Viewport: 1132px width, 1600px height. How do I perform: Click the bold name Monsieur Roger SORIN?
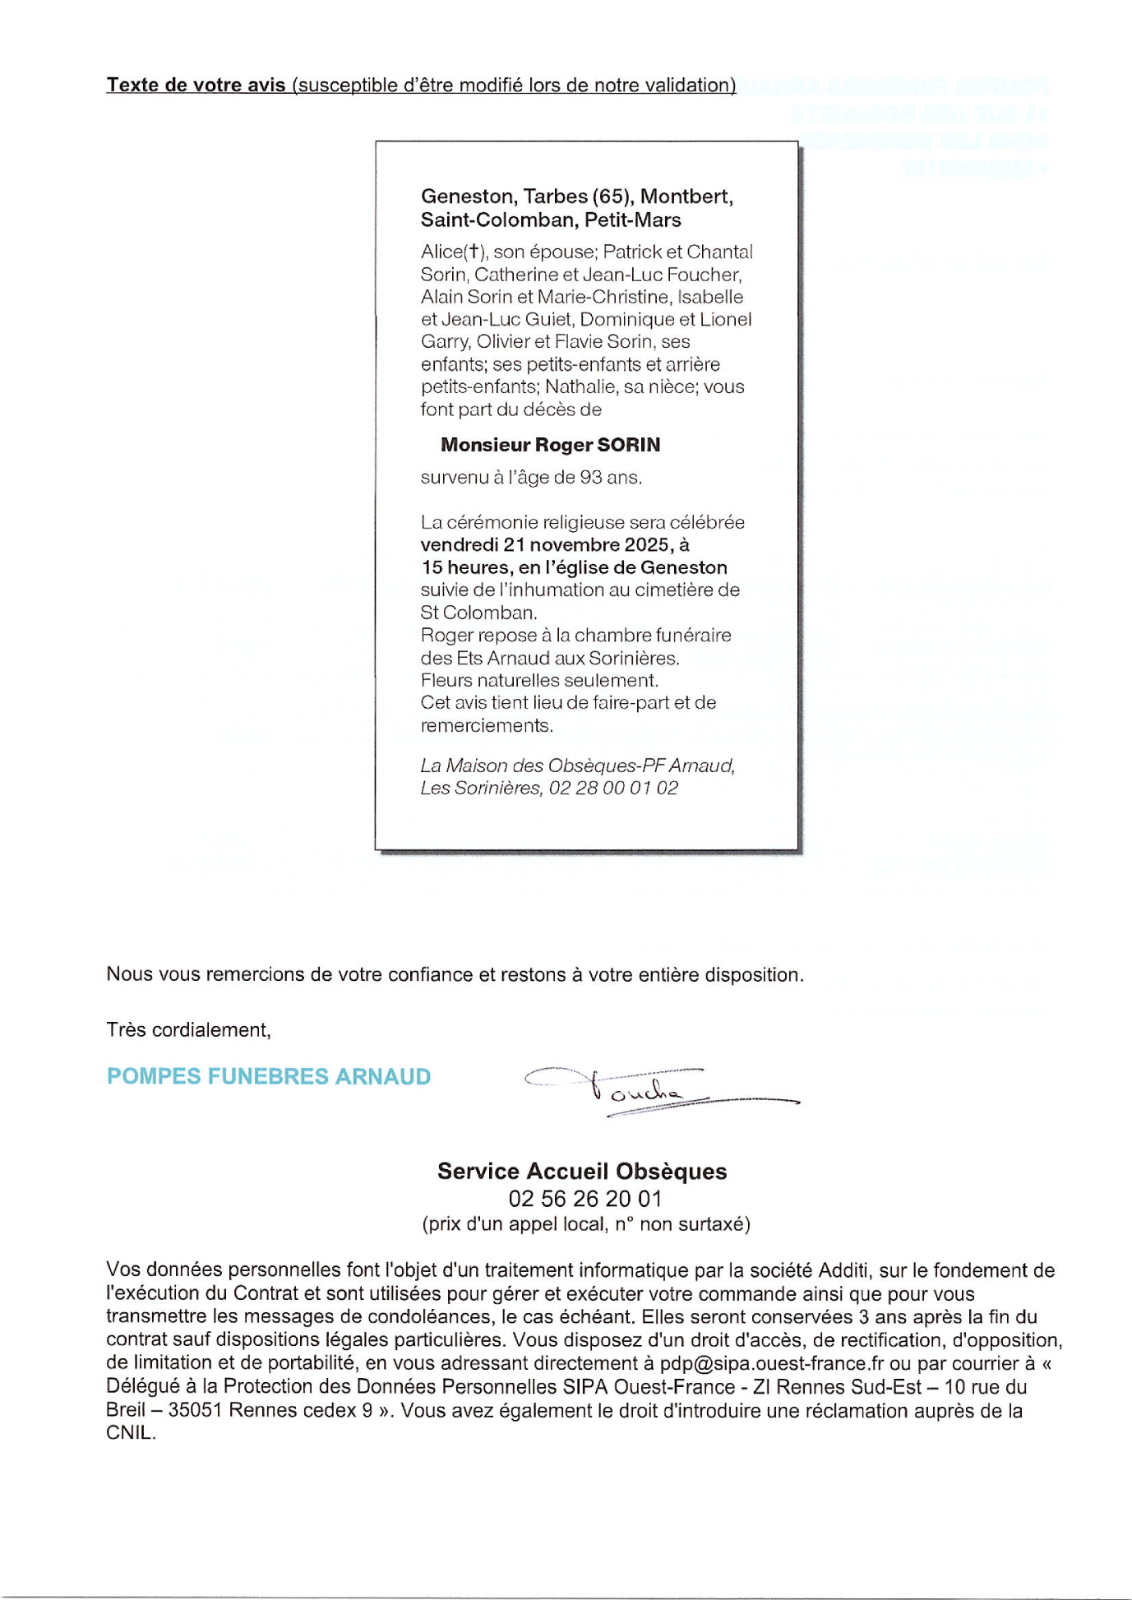pyautogui.click(x=550, y=445)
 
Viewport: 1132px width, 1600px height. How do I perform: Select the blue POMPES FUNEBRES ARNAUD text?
pyautogui.click(x=269, y=1076)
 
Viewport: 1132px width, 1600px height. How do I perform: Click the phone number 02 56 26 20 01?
pyautogui.click(x=584, y=1198)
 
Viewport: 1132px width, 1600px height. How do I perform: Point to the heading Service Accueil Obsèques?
pyautogui.click(x=582, y=1171)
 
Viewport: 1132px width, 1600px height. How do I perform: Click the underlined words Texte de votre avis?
pyautogui.click(x=196, y=85)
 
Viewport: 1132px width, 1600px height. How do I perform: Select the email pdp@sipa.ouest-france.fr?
pyautogui.click(x=772, y=1363)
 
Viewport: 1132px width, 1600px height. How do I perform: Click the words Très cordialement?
pyautogui.click(x=188, y=1029)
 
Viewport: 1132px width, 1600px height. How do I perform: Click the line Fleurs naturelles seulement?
pyautogui.click(x=539, y=680)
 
